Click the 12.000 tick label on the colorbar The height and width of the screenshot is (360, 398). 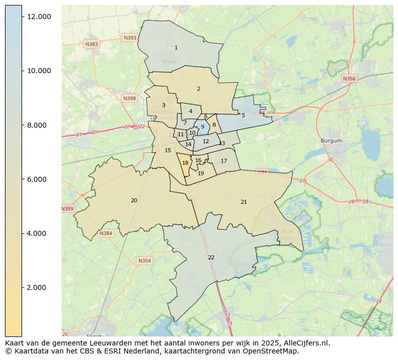tap(39, 17)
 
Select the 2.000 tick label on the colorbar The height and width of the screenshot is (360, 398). tap(39, 287)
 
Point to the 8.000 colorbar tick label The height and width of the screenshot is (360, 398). tap(39, 125)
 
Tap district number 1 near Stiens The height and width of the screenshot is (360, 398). tap(176, 48)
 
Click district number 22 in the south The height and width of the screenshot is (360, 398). tap(211, 257)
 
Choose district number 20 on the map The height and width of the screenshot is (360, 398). tap(134, 200)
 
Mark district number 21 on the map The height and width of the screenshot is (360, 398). tap(244, 202)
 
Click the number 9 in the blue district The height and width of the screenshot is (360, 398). tap(203, 127)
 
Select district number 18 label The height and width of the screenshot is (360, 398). tap(185, 163)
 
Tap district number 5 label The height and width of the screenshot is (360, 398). tap(243, 115)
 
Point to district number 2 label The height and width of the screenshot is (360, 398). tap(198, 89)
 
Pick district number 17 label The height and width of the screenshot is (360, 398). tap(224, 161)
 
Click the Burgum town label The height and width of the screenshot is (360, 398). tap(331, 141)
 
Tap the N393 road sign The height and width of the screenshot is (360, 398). tap(130, 38)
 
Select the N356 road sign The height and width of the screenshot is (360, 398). tap(349, 79)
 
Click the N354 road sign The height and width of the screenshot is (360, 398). tap(144, 261)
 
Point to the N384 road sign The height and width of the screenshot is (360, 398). tap(106, 233)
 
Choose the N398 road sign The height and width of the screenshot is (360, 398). tap(129, 98)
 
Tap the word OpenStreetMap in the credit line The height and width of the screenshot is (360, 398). tap(272, 351)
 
